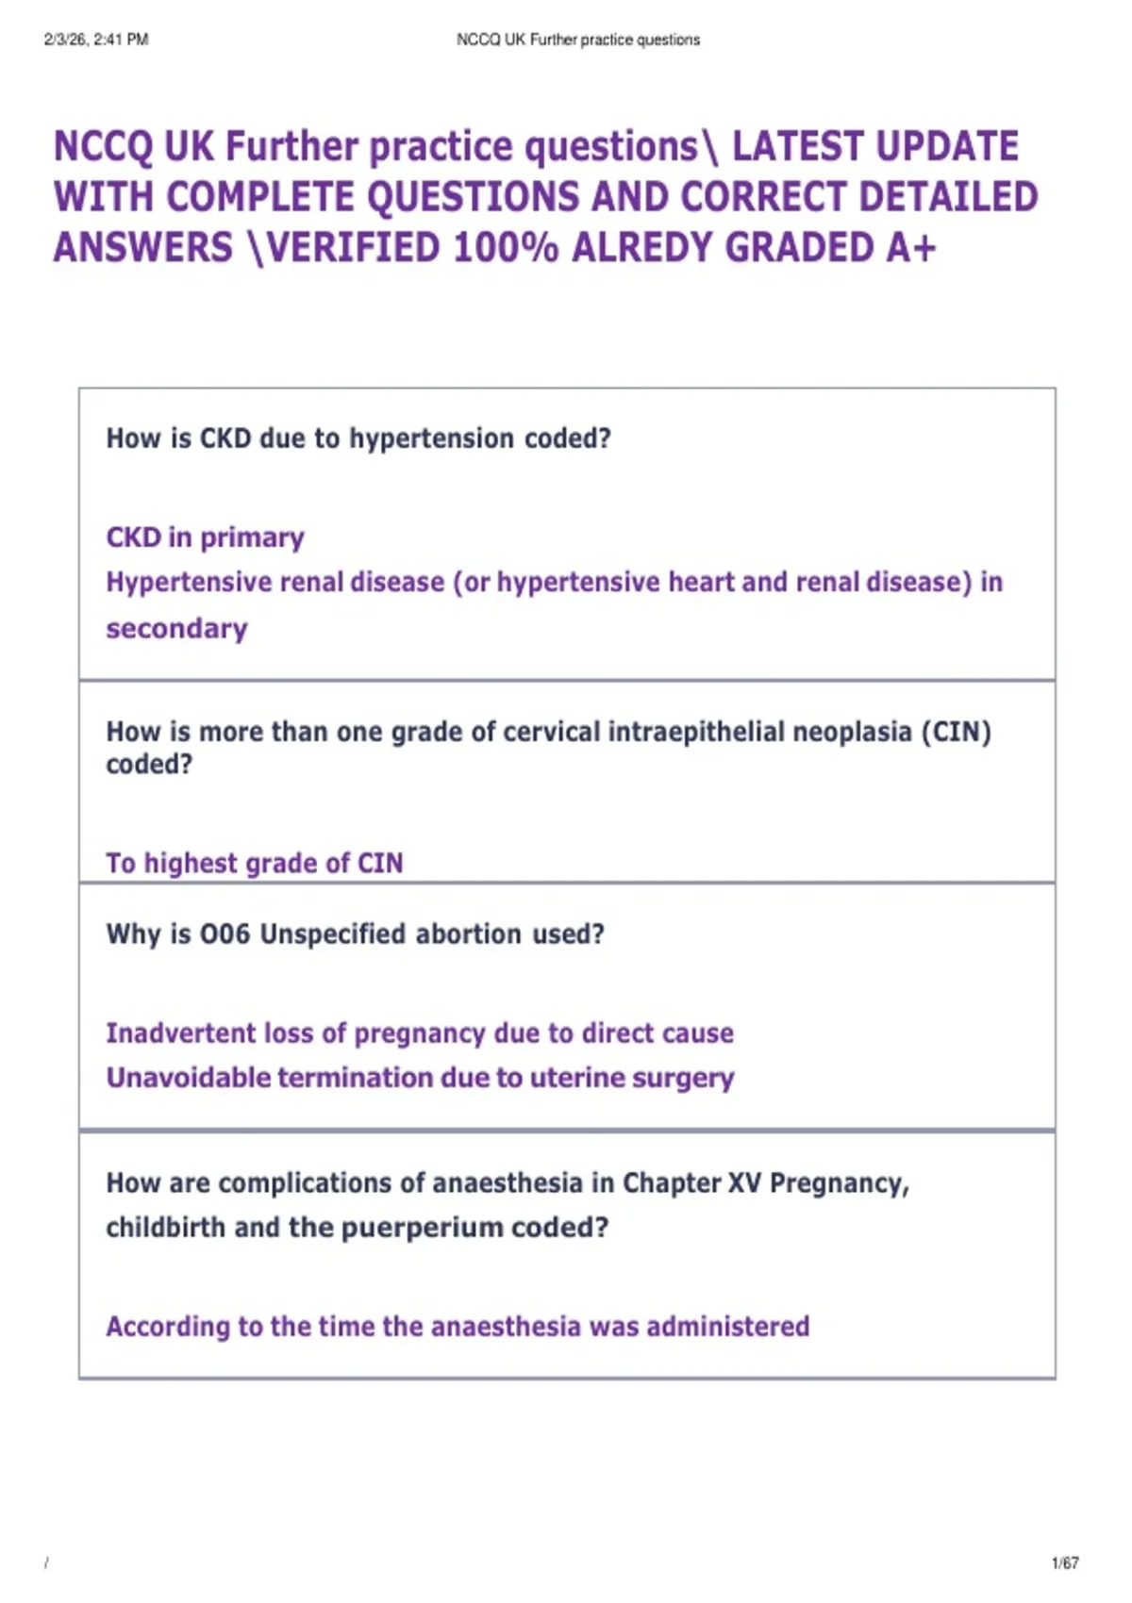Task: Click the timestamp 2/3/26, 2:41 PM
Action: [x=96, y=40]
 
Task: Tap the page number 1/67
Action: [x=1065, y=1563]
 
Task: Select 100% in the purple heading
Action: [x=506, y=248]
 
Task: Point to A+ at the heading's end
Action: [x=910, y=248]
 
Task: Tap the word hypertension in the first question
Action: [x=432, y=438]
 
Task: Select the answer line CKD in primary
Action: [x=205, y=537]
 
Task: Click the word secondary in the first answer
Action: [x=176, y=629]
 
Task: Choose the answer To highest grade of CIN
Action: [x=254, y=863]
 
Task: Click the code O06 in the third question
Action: [x=225, y=934]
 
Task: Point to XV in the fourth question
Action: [x=744, y=1183]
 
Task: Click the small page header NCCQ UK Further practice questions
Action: [x=577, y=40]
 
